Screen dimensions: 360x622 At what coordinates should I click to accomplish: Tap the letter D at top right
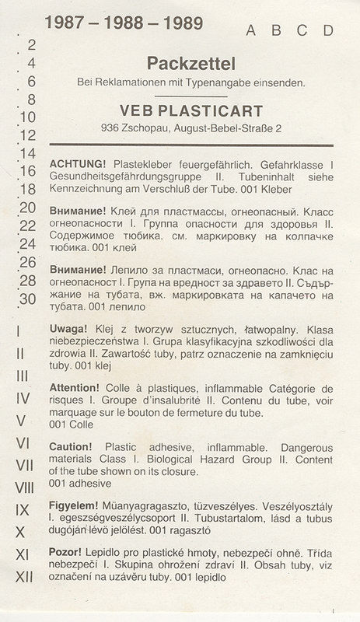[x=329, y=30]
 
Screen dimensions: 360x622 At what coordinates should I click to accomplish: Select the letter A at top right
[x=251, y=30]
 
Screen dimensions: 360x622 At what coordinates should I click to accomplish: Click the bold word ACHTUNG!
[x=78, y=166]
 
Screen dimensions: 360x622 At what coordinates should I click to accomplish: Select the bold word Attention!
[x=75, y=386]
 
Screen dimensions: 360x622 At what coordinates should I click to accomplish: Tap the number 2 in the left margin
[x=31, y=45]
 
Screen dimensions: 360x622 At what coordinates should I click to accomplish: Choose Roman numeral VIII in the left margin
[x=25, y=487]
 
